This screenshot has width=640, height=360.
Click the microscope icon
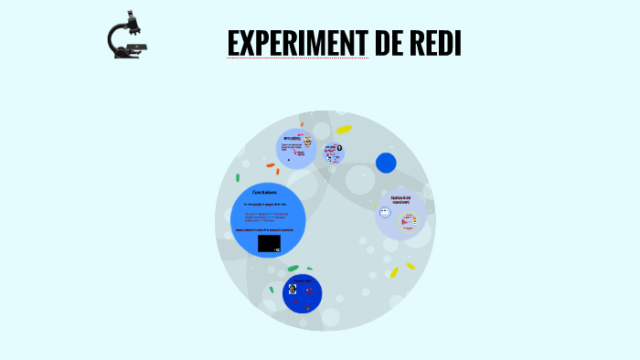coord(127,36)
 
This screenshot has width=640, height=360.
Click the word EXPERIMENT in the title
coord(297,43)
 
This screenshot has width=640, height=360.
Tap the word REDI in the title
coord(435,43)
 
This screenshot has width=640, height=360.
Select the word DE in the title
coord(388,43)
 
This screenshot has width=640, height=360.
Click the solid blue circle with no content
coord(386,163)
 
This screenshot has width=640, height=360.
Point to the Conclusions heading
coord(265,191)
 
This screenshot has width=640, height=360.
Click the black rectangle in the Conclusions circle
coord(269,243)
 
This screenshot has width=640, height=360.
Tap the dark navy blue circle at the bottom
coord(303,293)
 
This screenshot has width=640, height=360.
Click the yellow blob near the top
coord(344,130)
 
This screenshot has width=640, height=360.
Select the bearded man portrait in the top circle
coord(308,142)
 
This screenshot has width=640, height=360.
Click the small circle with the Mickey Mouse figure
coord(336,151)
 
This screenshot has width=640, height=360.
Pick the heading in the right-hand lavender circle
coord(400,198)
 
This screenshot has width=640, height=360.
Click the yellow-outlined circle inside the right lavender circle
coord(410,219)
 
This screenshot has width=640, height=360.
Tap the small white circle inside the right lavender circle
coord(385,213)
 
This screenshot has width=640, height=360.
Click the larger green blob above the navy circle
coord(293,269)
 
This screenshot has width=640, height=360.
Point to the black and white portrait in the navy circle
coord(293,290)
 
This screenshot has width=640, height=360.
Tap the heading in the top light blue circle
coord(291,138)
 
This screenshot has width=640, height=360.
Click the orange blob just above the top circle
coord(302,123)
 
